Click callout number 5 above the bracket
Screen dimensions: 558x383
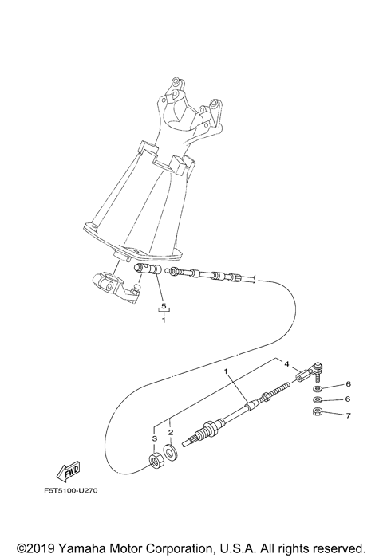coord(163,306)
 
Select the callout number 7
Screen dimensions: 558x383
coord(349,415)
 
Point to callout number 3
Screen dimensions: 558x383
coord(154,438)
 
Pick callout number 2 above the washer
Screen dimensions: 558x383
coord(170,433)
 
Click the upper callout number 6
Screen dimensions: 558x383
coord(349,384)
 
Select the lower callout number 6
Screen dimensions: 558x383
coord(349,399)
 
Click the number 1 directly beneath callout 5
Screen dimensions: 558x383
coord(163,320)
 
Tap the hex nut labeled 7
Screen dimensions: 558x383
coord(317,413)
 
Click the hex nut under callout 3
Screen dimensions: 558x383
coord(157,462)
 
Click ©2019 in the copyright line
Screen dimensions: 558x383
coord(30,548)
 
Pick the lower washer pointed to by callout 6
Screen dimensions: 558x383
coord(318,399)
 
